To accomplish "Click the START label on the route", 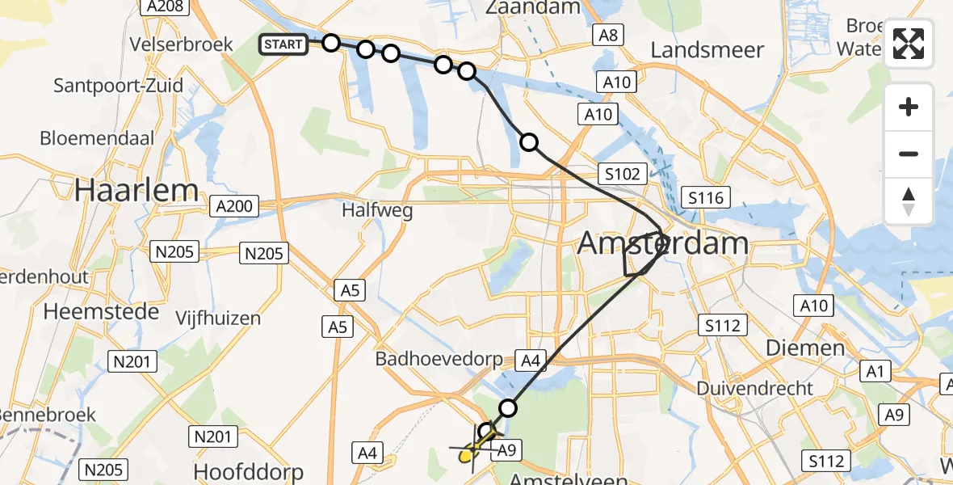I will pos(283,44).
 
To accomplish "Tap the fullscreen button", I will pos(909,44).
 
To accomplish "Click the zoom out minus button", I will pos(909,154).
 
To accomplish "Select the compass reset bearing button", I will pos(909,201).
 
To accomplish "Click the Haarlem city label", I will pos(136,190).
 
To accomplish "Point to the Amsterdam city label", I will pos(663,243).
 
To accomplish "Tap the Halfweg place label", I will pos(377,211).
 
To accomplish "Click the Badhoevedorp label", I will pos(439,358).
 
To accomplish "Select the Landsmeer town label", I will pos(707,50).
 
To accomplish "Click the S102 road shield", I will pos(623,174).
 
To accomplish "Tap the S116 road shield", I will pos(705,196).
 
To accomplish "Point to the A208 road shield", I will pos(164,7).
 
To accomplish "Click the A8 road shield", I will pos(607,34).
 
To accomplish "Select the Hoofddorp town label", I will pos(248,471).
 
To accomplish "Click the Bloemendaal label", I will pos(97,138).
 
